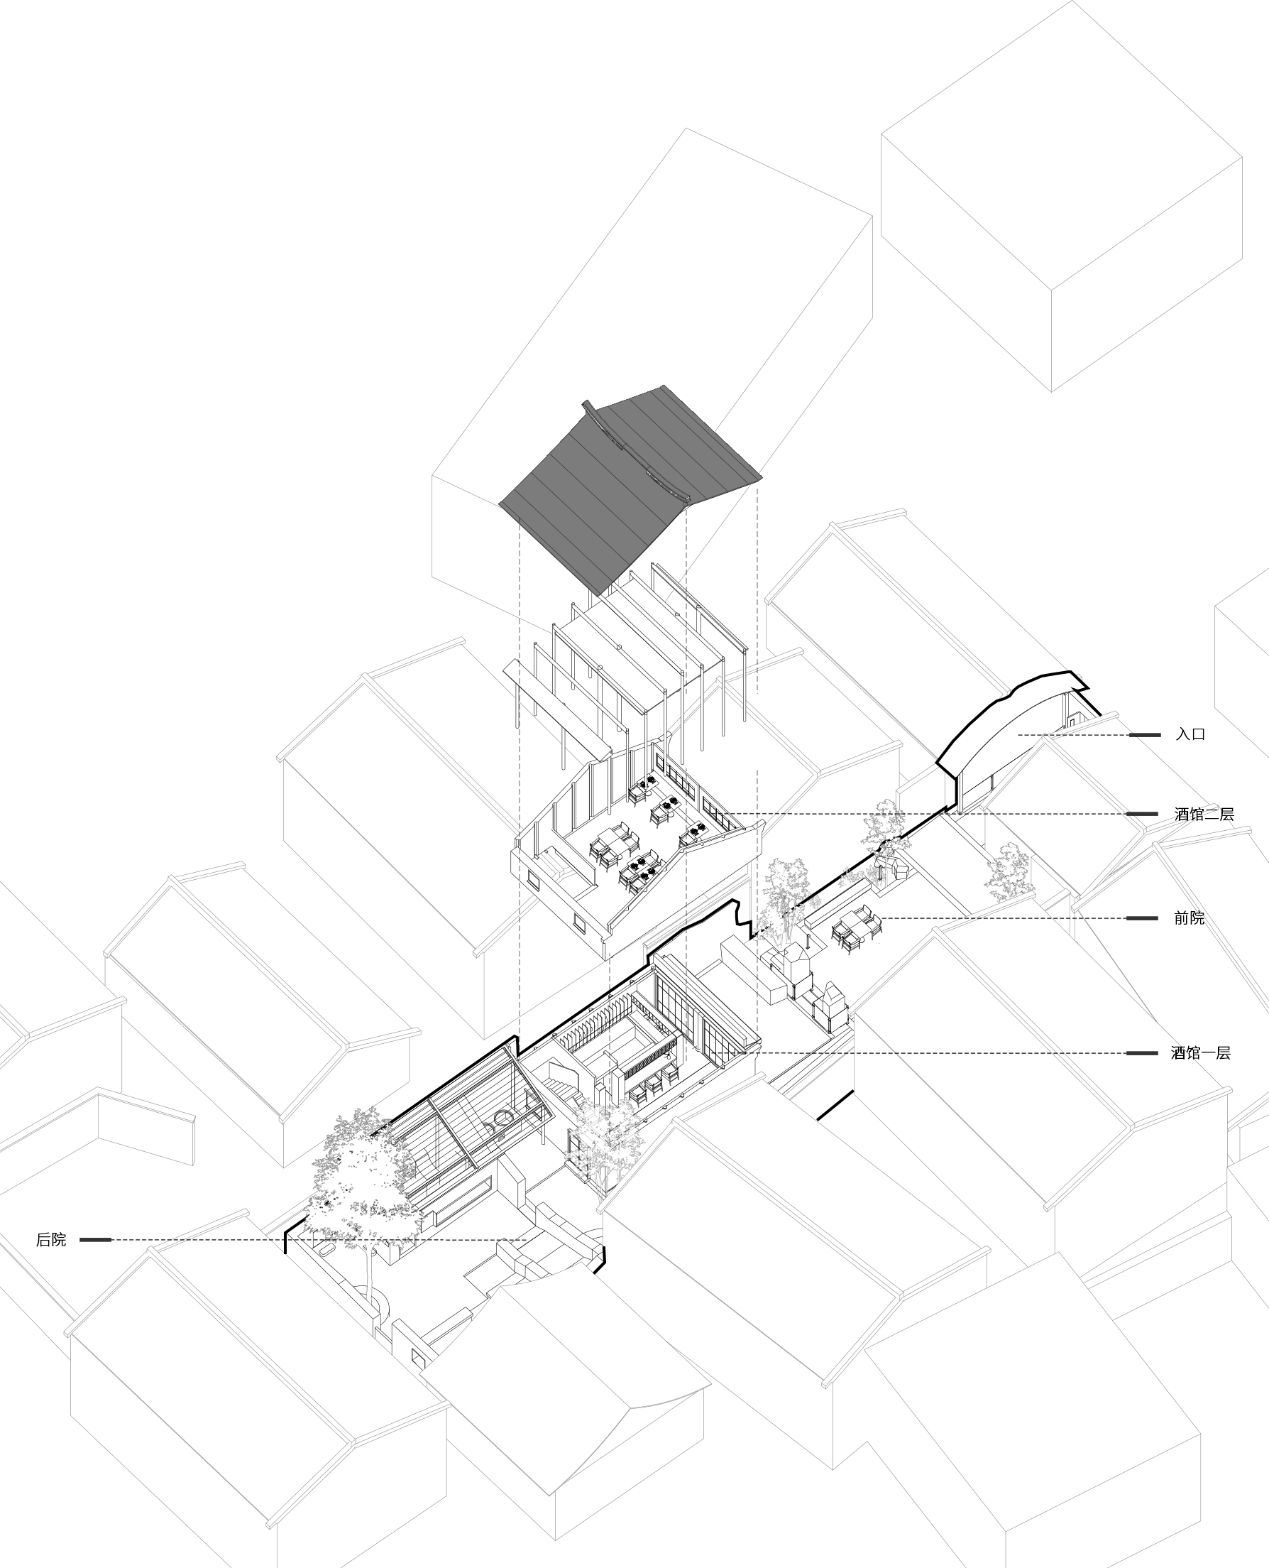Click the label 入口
pyautogui.click(x=1190, y=734)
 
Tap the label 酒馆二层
pyautogui.click(x=1204, y=814)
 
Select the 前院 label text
pyautogui.click(x=1190, y=918)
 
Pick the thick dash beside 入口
pyautogui.click(x=1144, y=734)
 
